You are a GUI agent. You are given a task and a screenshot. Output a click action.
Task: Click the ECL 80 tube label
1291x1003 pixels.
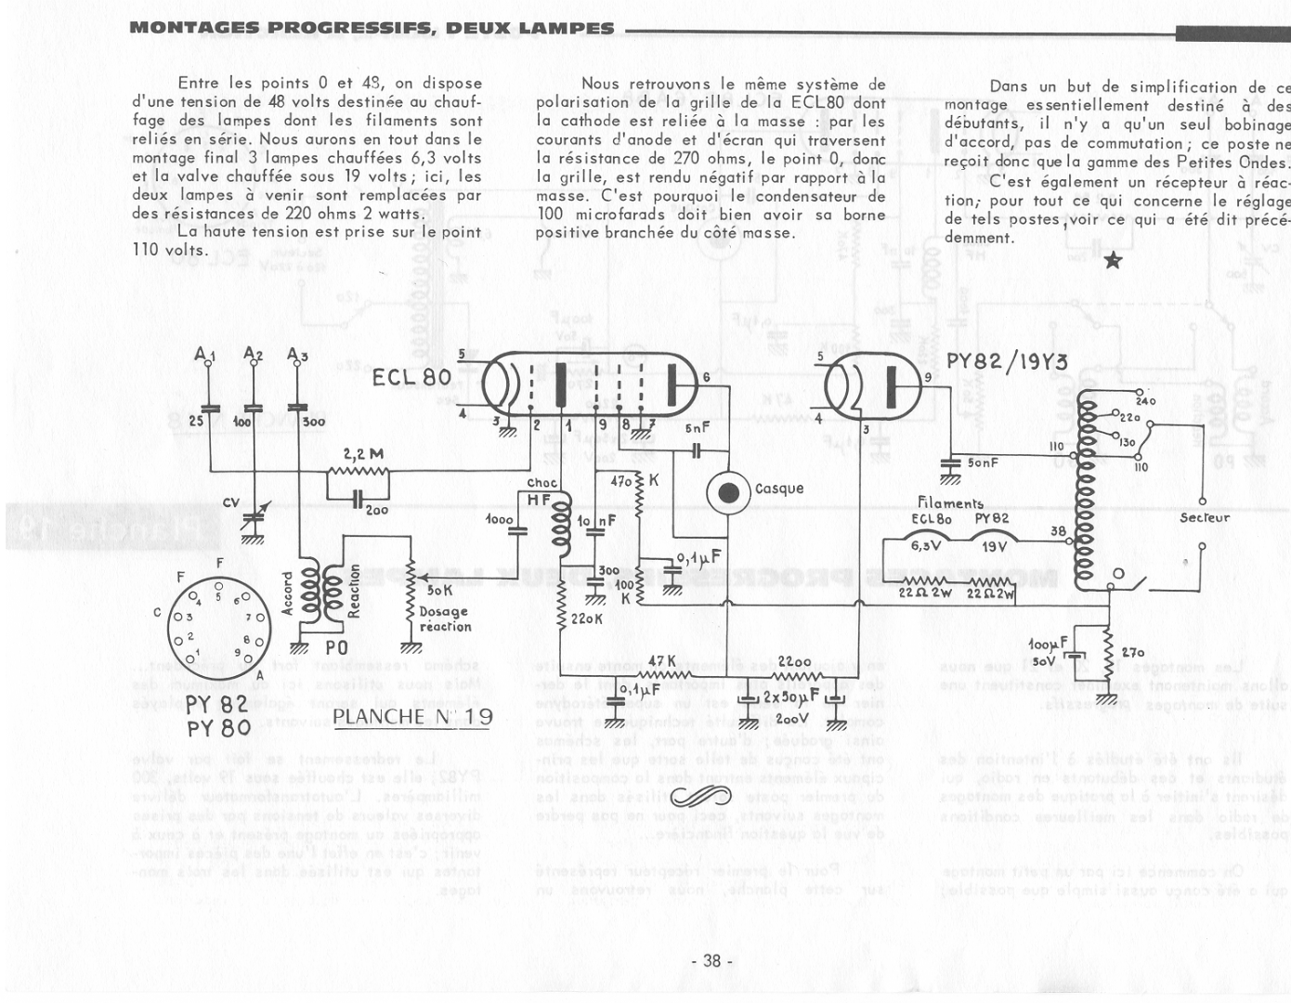411,377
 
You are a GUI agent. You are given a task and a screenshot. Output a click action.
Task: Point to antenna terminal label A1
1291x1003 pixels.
205,353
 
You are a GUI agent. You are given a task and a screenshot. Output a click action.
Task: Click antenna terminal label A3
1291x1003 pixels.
297,353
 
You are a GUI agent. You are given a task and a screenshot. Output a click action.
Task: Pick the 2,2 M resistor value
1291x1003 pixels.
363,455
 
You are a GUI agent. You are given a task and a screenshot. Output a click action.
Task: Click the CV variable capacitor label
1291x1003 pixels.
231,502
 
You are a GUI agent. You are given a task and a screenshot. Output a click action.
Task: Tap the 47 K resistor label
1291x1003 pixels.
661,660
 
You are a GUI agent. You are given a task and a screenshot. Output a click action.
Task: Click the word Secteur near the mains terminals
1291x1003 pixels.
1205,517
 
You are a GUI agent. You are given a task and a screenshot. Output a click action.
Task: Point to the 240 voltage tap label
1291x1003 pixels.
1144,401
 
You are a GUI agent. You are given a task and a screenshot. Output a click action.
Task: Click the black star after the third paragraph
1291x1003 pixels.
1114,261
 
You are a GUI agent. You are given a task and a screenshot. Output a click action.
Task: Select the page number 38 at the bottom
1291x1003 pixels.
712,961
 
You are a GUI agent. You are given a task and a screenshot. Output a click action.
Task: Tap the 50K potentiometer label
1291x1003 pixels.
439,590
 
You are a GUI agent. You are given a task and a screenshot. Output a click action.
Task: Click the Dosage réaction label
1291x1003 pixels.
445,619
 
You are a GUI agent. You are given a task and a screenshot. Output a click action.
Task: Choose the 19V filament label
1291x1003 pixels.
993,547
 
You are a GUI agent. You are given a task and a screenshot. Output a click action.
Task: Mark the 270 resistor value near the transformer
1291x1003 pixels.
1133,653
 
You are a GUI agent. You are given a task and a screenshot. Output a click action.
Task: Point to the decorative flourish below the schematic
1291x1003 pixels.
702,796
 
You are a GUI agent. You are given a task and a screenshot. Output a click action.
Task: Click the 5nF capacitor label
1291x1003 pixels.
697,429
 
